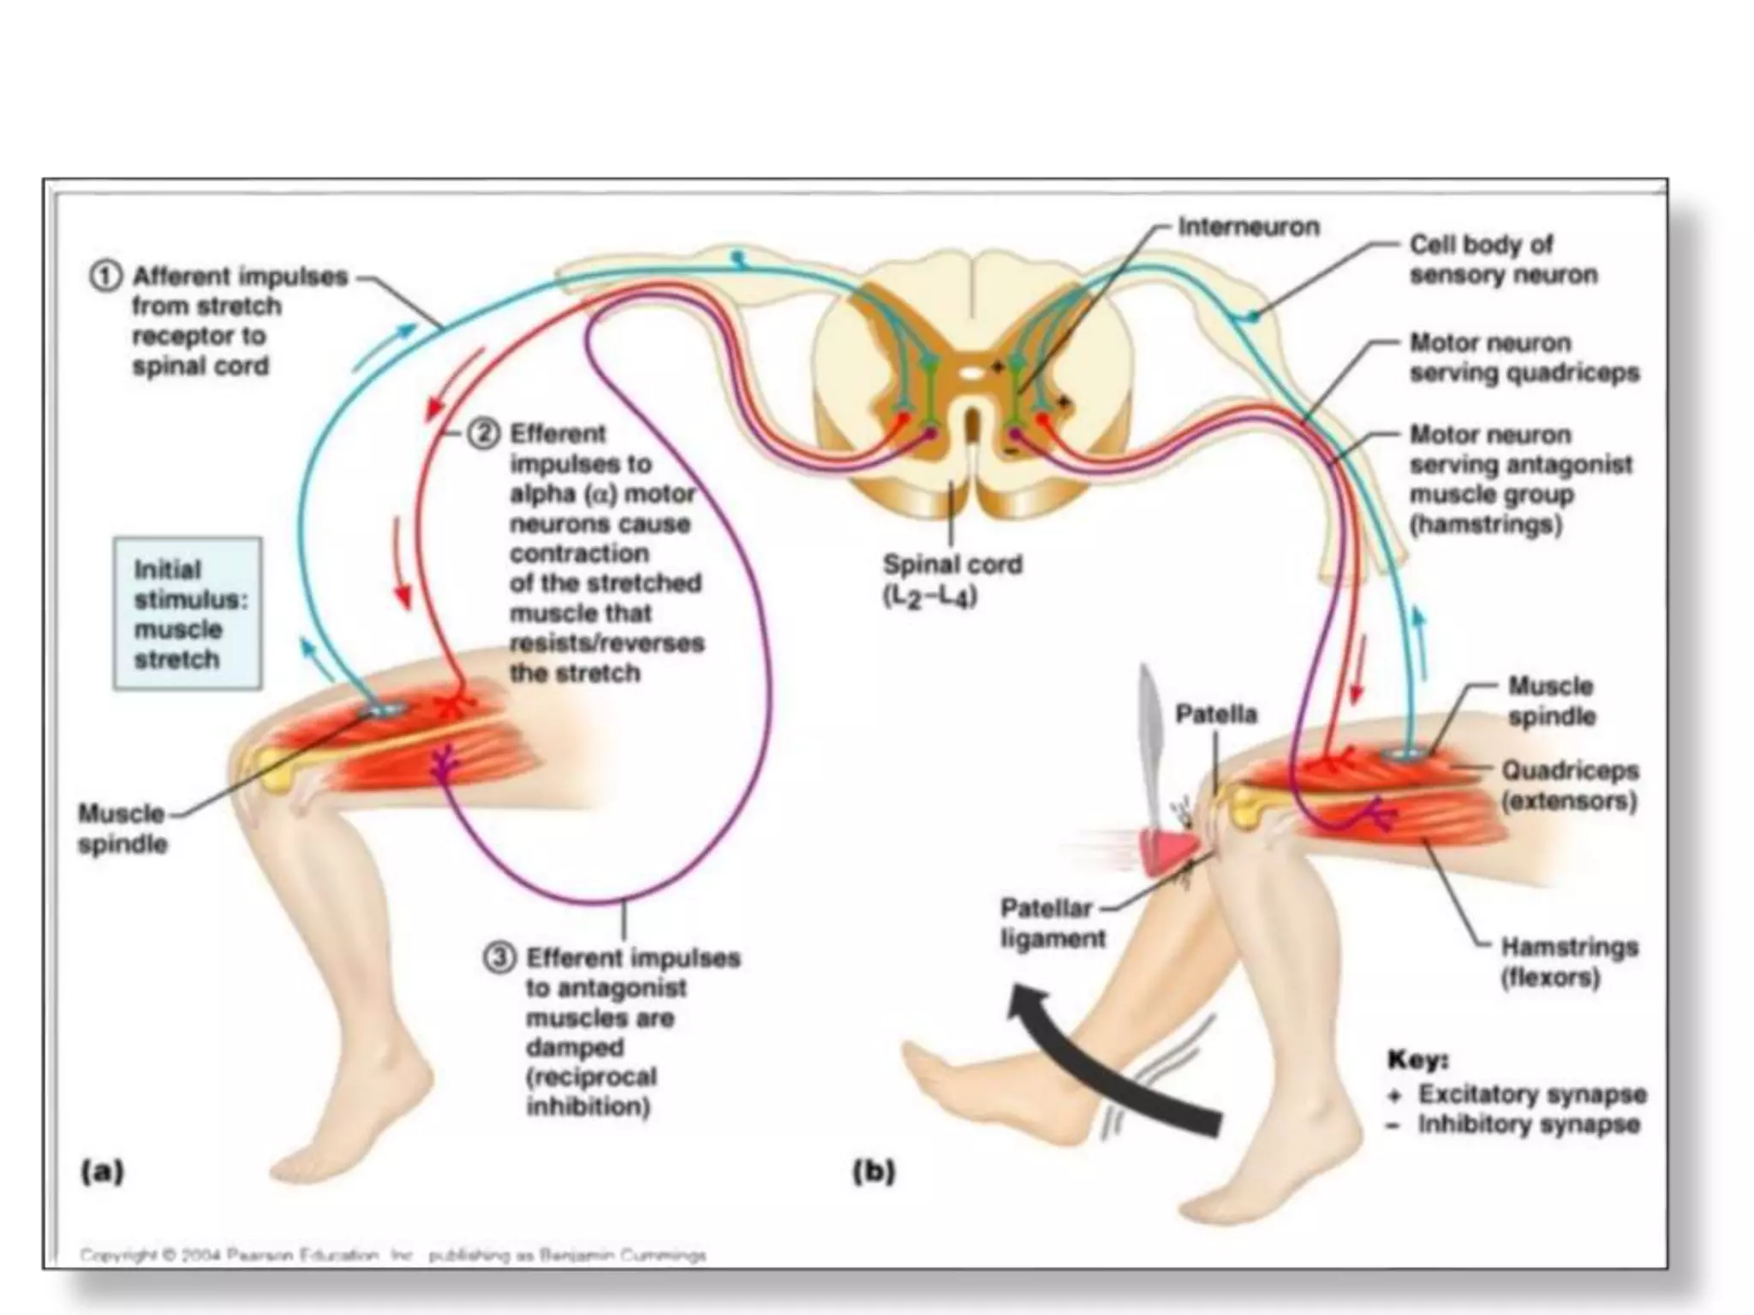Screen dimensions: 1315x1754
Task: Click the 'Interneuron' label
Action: pyautogui.click(x=1248, y=227)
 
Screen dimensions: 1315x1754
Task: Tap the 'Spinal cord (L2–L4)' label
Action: pyautogui.click(x=952, y=580)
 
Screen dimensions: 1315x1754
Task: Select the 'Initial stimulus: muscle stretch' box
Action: pyautogui.click(x=188, y=614)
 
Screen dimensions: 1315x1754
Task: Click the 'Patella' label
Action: pyautogui.click(x=1215, y=714)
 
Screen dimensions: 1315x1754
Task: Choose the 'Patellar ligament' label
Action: pyautogui.click(x=1053, y=923)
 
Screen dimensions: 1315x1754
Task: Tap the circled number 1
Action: pyautogui.click(x=104, y=277)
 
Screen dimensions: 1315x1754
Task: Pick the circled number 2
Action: pyautogui.click(x=483, y=434)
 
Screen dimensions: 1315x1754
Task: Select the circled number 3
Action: pyautogui.click(x=499, y=957)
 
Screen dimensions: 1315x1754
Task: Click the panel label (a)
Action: pyautogui.click(x=102, y=1170)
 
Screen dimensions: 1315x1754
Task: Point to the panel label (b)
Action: pyautogui.click(x=874, y=1170)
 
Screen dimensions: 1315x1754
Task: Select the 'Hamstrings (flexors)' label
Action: pyautogui.click(x=1569, y=961)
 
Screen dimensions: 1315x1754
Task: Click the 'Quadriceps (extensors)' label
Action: pyautogui.click(x=1569, y=785)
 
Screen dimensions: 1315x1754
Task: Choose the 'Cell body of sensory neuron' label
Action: pyautogui.click(x=1503, y=259)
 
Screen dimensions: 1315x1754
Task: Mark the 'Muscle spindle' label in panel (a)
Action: pyautogui.click(x=122, y=828)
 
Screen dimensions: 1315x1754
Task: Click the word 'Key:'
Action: pyautogui.click(x=1417, y=1060)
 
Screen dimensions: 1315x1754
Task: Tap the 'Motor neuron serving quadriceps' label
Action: pyautogui.click(x=1524, y=358)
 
